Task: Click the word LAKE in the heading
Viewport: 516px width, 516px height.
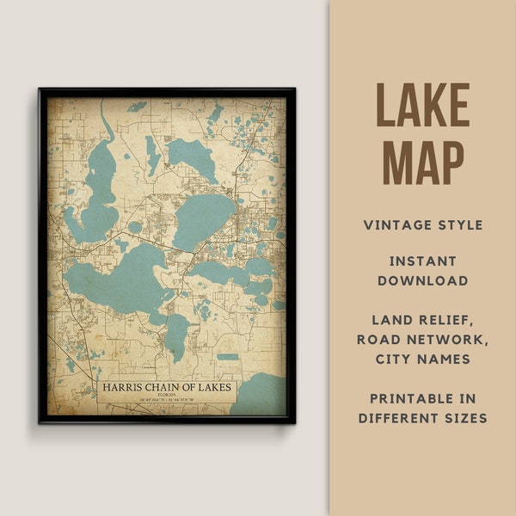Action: (x=422, y=105)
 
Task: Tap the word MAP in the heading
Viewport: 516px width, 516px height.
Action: (x=422, y=161)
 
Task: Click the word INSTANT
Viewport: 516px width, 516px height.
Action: (x=422, y=260)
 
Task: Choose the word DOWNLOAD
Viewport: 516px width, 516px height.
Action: (x=422, y=280)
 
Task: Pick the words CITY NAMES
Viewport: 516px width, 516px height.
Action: (x=422, y=359)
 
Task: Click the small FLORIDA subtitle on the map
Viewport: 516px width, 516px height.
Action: (x=167, y=396)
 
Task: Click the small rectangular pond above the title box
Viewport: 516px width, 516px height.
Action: (x=227, y=356)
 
